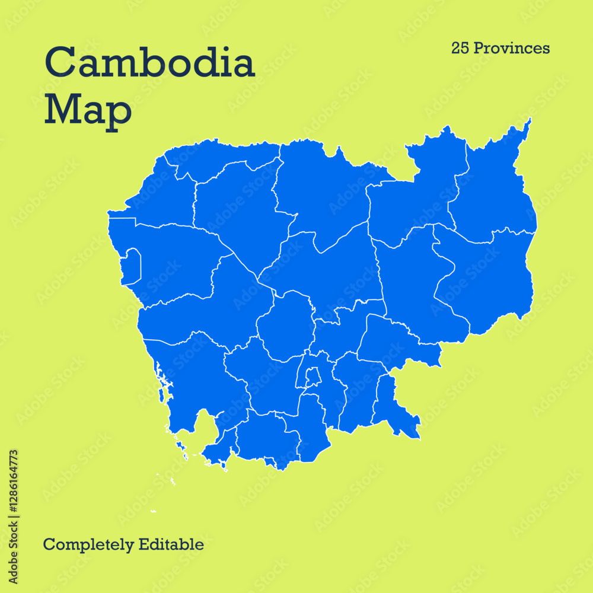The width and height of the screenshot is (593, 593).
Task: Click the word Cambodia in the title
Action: pyautogui.click(x=149, y=63)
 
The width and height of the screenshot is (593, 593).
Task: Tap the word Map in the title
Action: pyautogui.click(x=87, y=110)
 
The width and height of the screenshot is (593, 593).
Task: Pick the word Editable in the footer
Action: pyautogui.click(x=171, y=544)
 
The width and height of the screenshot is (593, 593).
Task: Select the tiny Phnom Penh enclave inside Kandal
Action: pyautogui.click(x=313, y=376)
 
